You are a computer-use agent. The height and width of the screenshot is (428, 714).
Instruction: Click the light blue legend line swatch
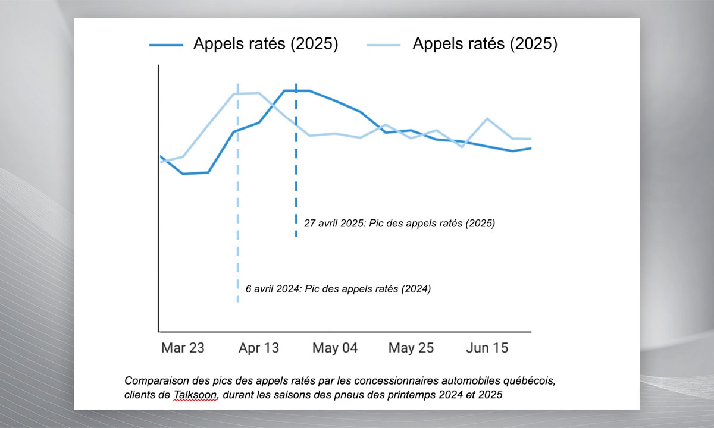(384, 45)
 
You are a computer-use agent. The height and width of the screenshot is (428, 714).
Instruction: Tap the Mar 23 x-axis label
(183, 348)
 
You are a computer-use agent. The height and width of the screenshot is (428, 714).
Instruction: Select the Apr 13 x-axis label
(259, 348)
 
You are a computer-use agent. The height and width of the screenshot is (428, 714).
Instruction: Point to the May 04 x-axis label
(335, 348)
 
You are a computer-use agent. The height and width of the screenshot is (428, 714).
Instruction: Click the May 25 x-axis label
(411, 348)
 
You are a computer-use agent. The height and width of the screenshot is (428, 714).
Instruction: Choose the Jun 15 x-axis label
(487, 348)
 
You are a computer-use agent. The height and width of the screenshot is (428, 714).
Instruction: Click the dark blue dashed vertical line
(296, 178)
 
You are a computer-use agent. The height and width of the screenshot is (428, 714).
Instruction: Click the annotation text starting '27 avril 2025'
(399, 224)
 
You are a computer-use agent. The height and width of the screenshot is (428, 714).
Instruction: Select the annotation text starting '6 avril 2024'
(338, 289)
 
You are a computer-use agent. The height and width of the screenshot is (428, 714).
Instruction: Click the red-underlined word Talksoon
(196, 395)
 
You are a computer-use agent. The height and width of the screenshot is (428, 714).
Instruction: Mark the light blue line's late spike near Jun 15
(487, 119)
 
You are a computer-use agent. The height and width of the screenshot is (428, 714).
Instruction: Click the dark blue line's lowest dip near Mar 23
(183, 174)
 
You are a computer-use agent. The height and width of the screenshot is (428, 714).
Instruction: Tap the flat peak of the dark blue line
(296, 91)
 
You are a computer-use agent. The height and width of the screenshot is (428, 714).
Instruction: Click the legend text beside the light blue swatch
(485, 45)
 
